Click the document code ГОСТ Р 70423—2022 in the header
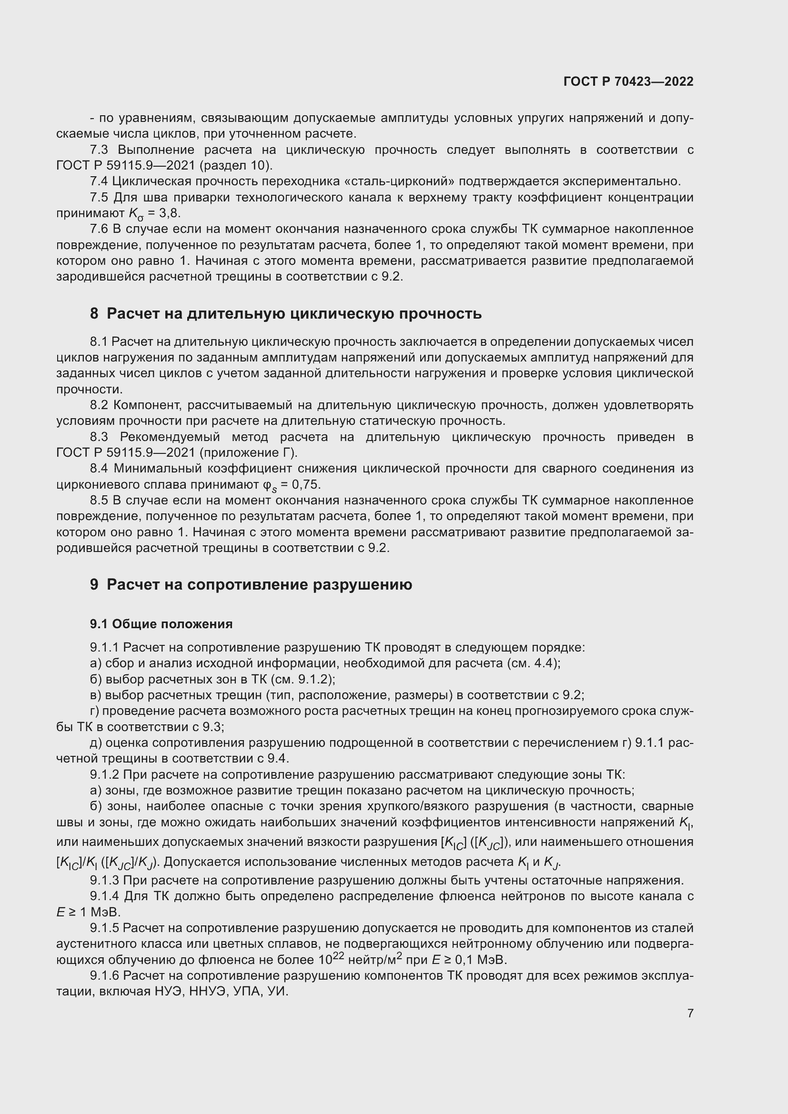click(628, 81)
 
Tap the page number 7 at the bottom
click(690, 1013)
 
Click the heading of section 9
click(251, 585)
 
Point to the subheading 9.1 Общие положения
click(161, 624)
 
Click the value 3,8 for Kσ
click(169, 213)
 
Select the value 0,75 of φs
click(307, 485)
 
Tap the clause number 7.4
click(99, 181)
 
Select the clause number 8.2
click(99, 405)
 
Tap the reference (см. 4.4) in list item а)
click(533, 663)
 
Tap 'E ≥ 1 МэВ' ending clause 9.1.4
click(88, 912)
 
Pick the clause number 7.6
click(99, 229)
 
